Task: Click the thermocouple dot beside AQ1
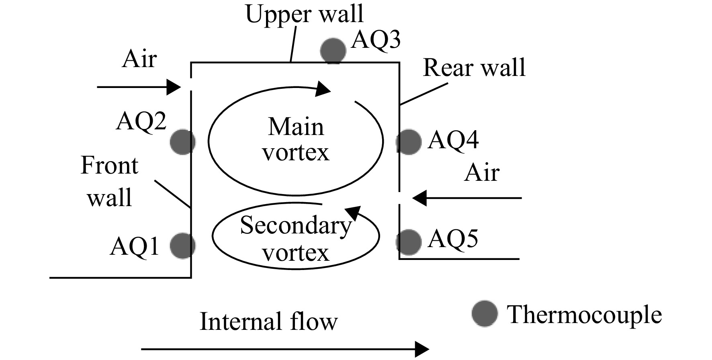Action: (183, 245)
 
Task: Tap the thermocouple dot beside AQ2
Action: (183, 142)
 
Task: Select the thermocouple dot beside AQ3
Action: (333, 51)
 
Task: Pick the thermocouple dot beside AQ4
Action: (409, 142)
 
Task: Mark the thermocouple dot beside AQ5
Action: (409, 242)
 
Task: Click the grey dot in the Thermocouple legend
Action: (485, 313)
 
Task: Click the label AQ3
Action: (376, 40)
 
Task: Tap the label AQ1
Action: (135, 246)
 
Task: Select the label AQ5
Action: (453, 239)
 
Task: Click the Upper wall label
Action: (305, 14)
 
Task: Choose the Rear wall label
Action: (475, 67)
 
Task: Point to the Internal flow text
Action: (269, 322)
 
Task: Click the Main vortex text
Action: (296, 139)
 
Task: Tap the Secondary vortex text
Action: (296, 239)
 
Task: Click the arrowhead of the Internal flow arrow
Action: (422, 349)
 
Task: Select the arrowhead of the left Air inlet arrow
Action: (174, 87)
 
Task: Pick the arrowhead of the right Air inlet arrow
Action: (419, 198)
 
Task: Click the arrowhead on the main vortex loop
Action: (323, 89)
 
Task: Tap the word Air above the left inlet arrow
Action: (139, 59)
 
